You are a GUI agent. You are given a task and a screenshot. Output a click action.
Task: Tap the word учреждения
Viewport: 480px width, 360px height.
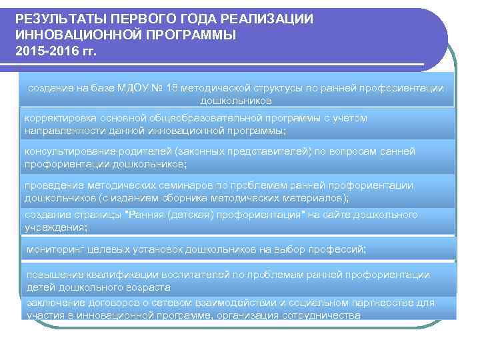point(55,227)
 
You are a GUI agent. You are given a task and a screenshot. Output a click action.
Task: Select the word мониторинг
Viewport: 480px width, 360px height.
point(55,250)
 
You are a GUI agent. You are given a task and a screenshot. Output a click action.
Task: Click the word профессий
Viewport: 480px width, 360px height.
point(338,250)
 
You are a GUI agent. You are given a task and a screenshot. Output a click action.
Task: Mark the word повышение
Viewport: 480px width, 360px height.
point(53,275)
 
